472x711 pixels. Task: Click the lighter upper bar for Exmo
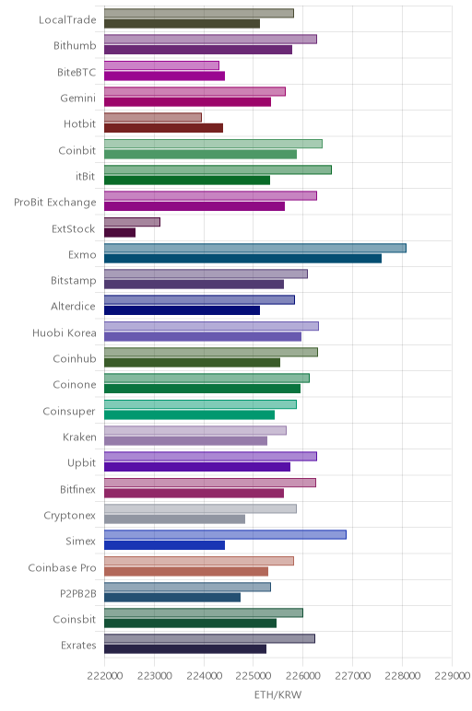click(255, 248)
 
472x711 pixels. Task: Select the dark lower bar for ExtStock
click(120, 233)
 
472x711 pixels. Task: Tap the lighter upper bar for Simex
click(225, 534)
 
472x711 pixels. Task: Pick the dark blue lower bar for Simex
click(164, 545)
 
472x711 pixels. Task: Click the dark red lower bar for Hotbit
click(163, 128)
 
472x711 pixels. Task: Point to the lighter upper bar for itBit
click(218, 169)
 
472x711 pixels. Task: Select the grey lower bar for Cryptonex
click(175, 519)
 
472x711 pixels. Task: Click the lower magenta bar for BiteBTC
click(164, 76)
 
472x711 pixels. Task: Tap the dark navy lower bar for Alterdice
click(182, 310)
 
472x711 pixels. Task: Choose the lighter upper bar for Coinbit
click(213, 144)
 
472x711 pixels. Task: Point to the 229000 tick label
click(452, 676)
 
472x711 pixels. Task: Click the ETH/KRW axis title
click(277, 695)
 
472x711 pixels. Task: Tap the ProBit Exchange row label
click(55, 203)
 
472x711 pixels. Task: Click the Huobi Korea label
click(65, 332)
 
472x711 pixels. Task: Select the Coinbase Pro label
click(62, 567)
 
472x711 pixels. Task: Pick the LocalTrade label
click(67, 20)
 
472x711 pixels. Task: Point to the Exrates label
click(78, 646)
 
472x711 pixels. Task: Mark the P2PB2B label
click(78, 593)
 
